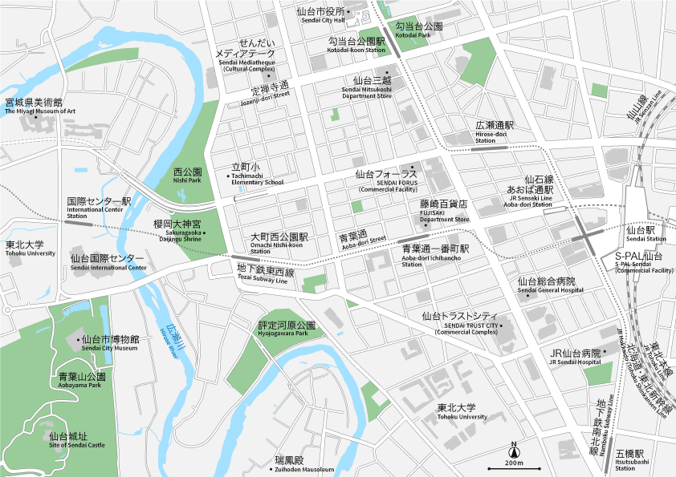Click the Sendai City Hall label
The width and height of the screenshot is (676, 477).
[321, 16]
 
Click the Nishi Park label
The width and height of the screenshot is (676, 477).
[187, 176]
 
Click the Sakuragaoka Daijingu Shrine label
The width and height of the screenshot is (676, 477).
[180, 229]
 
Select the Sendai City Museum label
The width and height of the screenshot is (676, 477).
[110, 343]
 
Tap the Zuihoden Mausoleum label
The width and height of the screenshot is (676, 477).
[304, 464]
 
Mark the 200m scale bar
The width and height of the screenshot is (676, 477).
[515, 468]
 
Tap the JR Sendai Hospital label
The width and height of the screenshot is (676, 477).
[576, 358]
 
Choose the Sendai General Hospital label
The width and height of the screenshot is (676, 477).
[546, 286]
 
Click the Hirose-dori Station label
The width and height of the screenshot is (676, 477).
[493, 131]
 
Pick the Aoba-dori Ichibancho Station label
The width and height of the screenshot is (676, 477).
[435, 254]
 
